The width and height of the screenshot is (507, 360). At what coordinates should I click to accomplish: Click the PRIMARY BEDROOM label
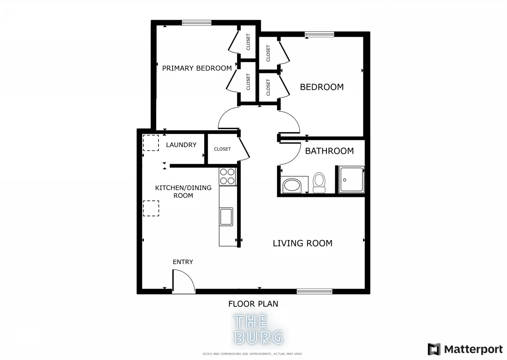pyautogui.click(x=197, y=68)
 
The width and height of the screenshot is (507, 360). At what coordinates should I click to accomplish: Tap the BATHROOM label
pyautogui.click(x=329, y=151)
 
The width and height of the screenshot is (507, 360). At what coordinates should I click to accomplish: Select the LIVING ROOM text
pyautogui.click(x=303, y=243)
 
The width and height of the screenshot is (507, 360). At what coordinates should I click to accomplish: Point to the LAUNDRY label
pyautogui.click(x=181, y=145)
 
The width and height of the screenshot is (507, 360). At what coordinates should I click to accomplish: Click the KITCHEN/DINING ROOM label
pyautogui.click(x=184, y=192)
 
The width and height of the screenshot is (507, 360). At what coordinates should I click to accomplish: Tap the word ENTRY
pyautogui.click(x=183, y=262)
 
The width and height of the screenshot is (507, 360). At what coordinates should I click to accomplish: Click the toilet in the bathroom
pyautogui.click(x=319, y=183)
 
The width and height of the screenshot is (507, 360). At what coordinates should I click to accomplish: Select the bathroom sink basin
pyautogui.click(x=292, y=185)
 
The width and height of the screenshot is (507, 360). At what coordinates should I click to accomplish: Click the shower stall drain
pyautogui.click(x=345, y=180)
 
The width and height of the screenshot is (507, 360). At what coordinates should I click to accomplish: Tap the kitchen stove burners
pyautogui.click(x=227, y=176)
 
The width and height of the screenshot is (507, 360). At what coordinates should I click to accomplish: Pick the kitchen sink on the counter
pyautogui.click(x=226, y=217)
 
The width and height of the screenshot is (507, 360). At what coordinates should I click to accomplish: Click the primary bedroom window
pyautogui.click(x=196, y=23)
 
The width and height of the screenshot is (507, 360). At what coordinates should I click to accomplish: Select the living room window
pyautogui.click(x=314, y=291)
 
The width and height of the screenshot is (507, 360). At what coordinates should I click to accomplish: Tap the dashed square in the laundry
pyautogui.click(x=151, y=143)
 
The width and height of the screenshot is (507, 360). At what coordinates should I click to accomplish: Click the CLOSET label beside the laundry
pyautogui.click(x=222, y=149)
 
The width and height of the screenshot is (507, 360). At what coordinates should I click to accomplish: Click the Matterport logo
pyautogui.click(x=465, y=349)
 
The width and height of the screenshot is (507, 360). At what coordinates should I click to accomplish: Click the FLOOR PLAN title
pyautogui.click(x=253, y=304)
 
